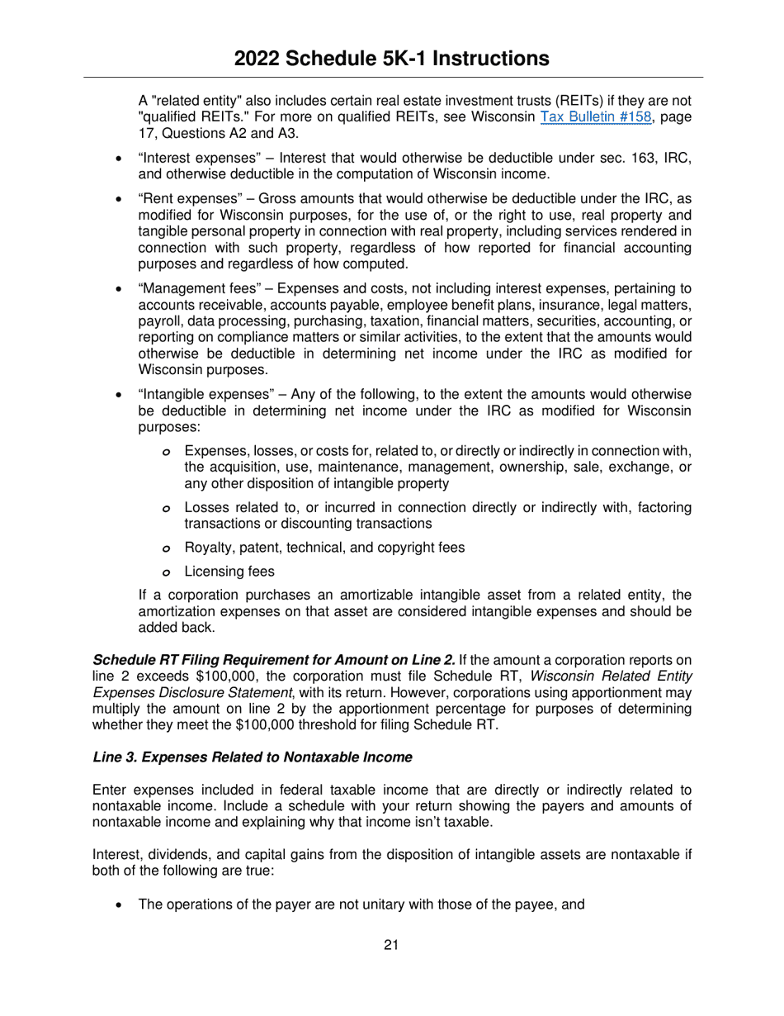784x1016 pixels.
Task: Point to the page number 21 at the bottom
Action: [391, 946]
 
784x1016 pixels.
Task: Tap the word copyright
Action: [392, 547]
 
